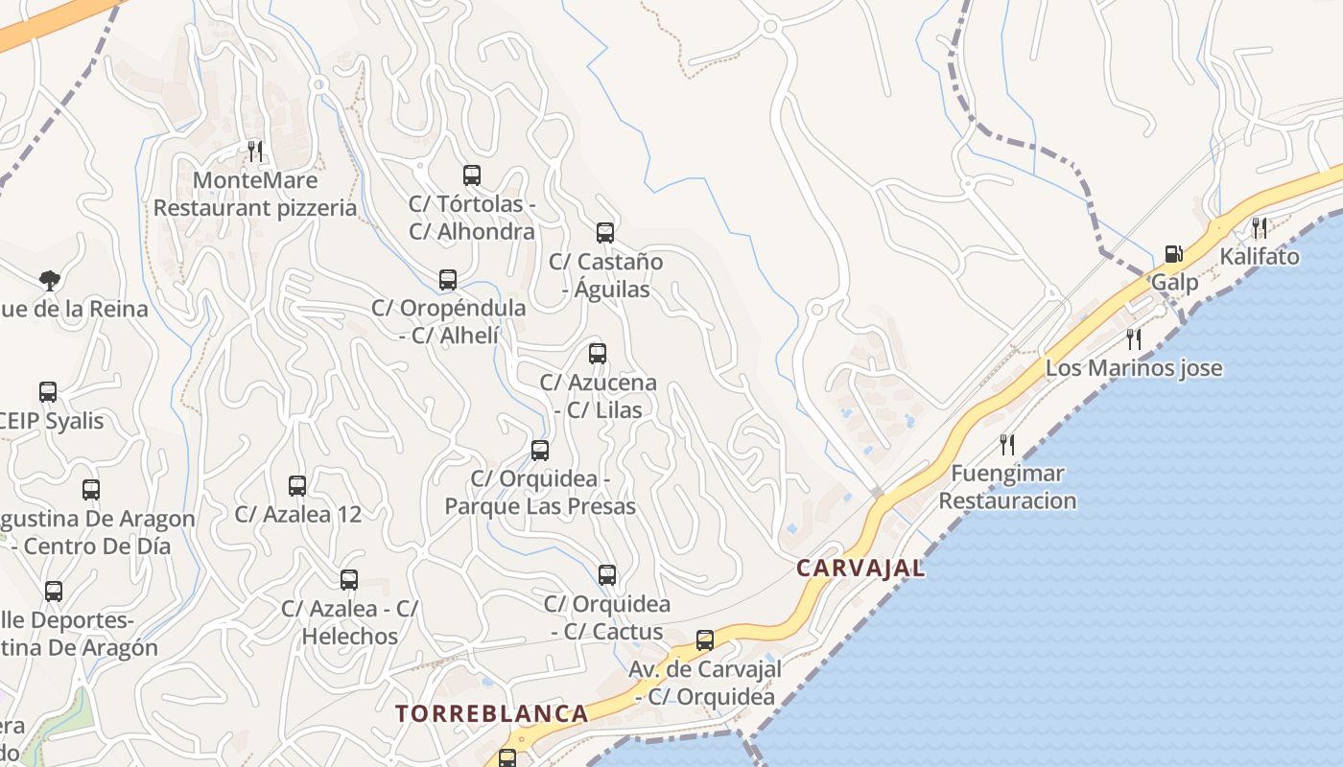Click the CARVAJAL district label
click(x=860, y=568)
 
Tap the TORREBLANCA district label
click(x=492, y=713)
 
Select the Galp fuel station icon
click(x=1173, y=254)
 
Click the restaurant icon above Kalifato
click(x=1260, y=227)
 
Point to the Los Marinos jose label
click(x=1134, y=368)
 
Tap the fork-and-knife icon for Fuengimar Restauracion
click(x=1007, y=444)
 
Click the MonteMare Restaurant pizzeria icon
click(x=255, y=151)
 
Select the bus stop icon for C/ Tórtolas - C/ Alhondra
click(x=471, y=175)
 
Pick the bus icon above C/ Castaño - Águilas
click(x=604, y=233)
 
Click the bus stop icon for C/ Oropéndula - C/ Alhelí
click(x=447, y=280)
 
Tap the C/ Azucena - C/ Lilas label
click(x=598, y=396)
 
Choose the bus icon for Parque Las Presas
click(x=540, y=450)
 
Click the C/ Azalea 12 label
click(x=298, y=514)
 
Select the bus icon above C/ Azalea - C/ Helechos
click(x=349, y=580)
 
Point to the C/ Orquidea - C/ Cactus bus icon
click(x=606, y=575)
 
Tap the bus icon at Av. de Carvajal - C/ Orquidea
click(x=705, y=639)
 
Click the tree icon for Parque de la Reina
click(x=49, y=280)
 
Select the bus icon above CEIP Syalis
click(x=48, y=392)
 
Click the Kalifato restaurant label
click(x=1260, y=257)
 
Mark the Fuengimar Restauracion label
click(x=1007, y=487)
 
